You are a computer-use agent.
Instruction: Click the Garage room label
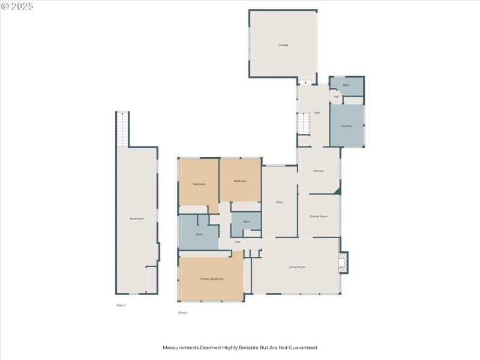tap(283, 45)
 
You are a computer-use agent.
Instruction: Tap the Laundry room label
tap(347, 126)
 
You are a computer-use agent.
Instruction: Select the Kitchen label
tap(319, 171)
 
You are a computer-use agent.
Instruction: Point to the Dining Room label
tap(319, 216)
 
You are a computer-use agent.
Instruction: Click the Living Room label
tap(297, 266)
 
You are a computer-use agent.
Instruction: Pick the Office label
tap(279, 202)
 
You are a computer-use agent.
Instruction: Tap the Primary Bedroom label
tap(212, 279)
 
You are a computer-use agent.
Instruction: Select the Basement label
tap(137, 218)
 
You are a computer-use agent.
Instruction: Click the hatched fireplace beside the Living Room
tap(343, 262)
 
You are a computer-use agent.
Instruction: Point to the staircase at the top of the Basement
tap(122, 129)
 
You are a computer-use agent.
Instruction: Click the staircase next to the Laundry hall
tap(304, 124)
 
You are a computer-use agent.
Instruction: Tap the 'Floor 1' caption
tap(121, 305)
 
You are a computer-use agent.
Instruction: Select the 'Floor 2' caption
tap(183, 313)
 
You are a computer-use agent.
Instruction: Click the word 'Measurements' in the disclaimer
tap(180, 347)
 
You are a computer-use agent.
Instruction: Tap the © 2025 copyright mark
tap(17, 6)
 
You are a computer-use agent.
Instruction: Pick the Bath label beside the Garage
tap(346, 85)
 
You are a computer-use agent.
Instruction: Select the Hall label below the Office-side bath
tap(238, 242)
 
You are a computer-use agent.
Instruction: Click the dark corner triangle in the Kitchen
tap(338, 191)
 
